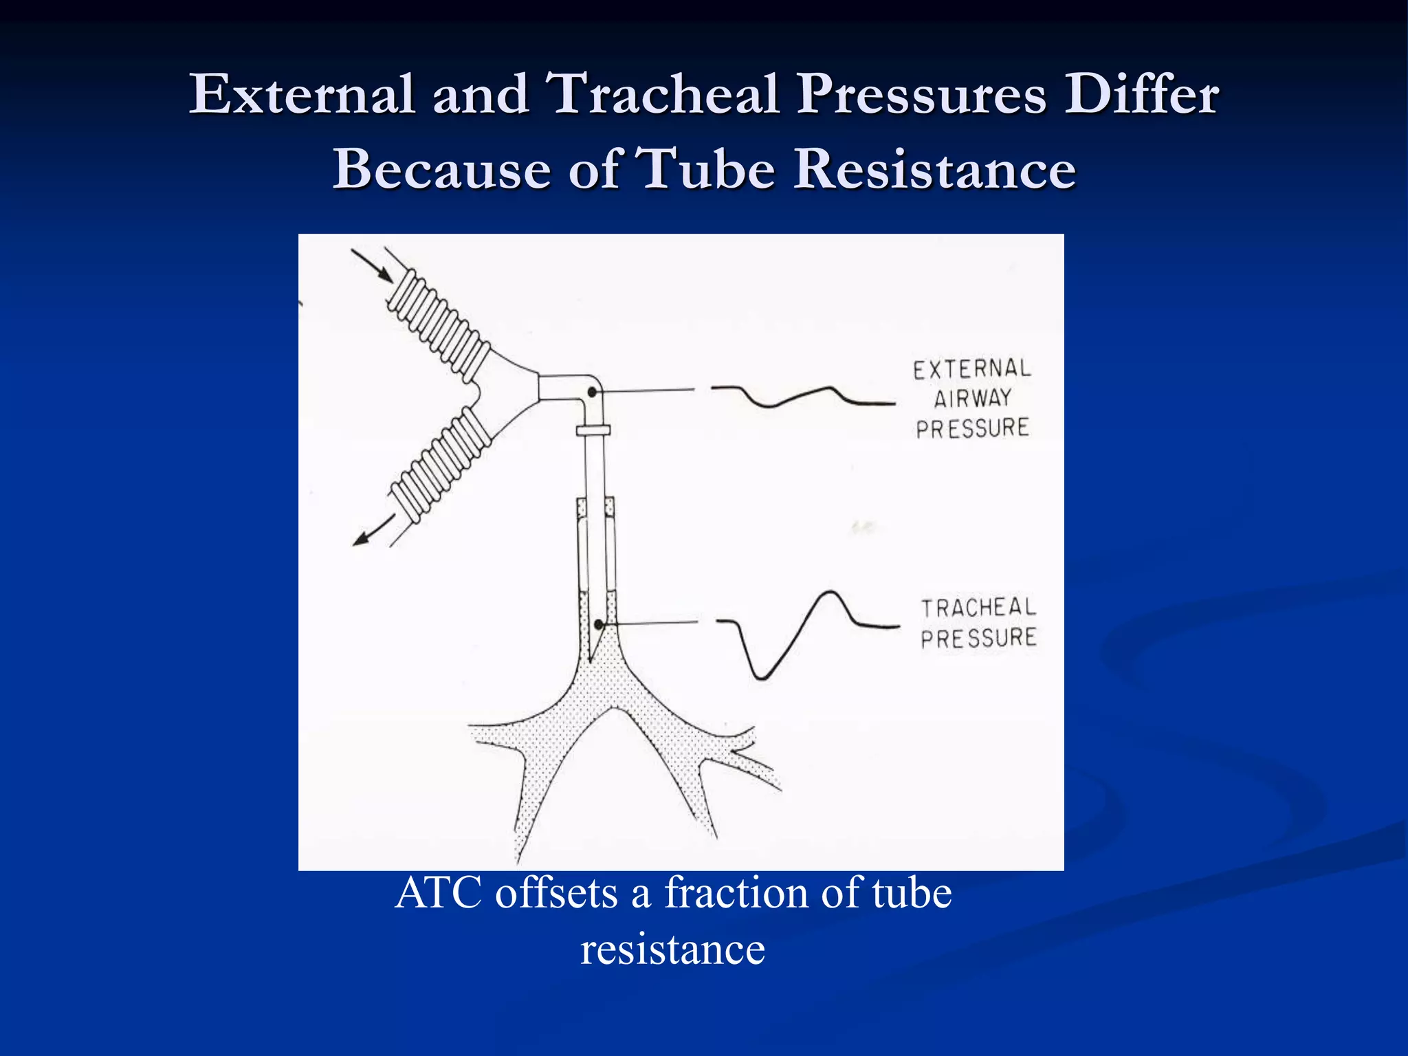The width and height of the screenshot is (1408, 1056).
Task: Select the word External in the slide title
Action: (x=301, y=94)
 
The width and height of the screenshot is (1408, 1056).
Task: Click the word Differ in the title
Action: (x=1141, y=94)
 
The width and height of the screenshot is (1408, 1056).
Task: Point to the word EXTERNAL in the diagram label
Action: (x=972, y=369)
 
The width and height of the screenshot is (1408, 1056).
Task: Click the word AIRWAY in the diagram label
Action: (x=972, y=398)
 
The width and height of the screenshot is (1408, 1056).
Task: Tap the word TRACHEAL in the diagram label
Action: (x=978, y=608)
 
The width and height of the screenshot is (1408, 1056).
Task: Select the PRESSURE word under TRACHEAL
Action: (x=978, y=638)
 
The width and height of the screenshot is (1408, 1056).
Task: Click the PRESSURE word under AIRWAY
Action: (x=972, y=428)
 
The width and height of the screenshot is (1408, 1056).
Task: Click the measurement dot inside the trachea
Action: (x=599, y=624)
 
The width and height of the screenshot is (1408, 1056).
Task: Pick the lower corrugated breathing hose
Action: (x=440, y=467)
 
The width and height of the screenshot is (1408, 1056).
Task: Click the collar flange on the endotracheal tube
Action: (x=593, y=430)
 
